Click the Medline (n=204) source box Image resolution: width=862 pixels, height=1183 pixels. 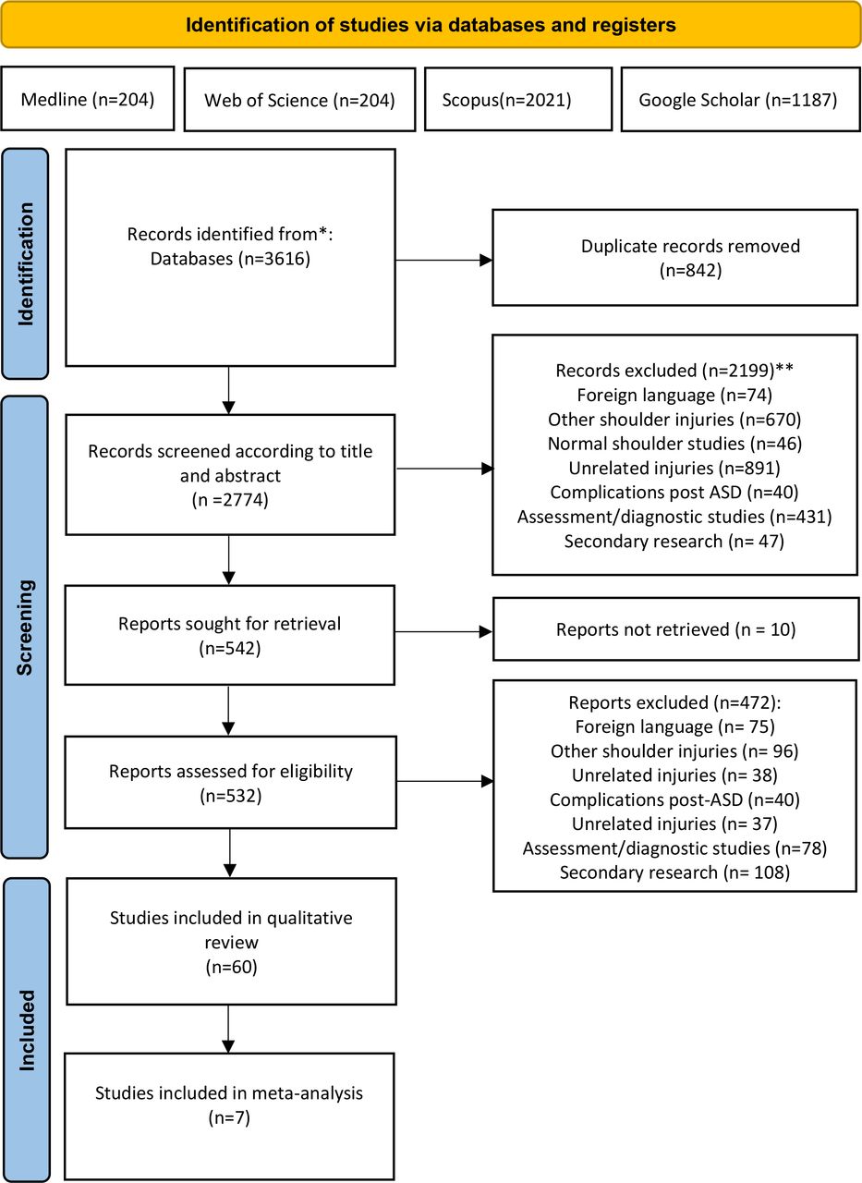(x=88, y=98)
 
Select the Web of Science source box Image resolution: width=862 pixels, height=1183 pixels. (x=299, y=99)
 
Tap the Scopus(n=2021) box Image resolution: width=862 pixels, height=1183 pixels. (x=518, y=99)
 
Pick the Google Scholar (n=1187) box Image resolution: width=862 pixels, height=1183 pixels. (x=741, y=99)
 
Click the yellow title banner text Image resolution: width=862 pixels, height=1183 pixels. (x=431, y=25)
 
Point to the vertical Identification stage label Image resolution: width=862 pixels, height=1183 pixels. (x=25, y=263)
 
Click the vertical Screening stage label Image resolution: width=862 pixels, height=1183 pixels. (x=25, y=628)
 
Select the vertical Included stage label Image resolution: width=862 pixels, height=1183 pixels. (x=27, y=1030)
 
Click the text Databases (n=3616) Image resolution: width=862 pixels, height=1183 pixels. (x=230, y=259)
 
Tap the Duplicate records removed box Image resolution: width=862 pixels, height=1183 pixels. (x=675, y=258)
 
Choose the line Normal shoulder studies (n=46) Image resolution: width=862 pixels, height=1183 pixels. (x=674, y=444)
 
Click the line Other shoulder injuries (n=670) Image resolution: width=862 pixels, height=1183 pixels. (x=674, y=420)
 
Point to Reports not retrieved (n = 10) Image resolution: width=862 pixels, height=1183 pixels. (x=675, y=629)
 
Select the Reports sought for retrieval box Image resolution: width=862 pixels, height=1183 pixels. (x=230, y=635)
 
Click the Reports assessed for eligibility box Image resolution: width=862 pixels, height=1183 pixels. (x=231, y=783)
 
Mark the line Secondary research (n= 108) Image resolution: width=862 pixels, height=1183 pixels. (x=674, y=872)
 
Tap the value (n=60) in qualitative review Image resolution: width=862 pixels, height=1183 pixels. (x=231, y=967)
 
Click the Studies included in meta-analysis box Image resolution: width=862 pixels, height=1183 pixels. (x=229, y=1116)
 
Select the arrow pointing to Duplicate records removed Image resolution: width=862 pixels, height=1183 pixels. (x=443, y=260)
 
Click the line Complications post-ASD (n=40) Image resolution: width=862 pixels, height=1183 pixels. (x=674, y=799)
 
